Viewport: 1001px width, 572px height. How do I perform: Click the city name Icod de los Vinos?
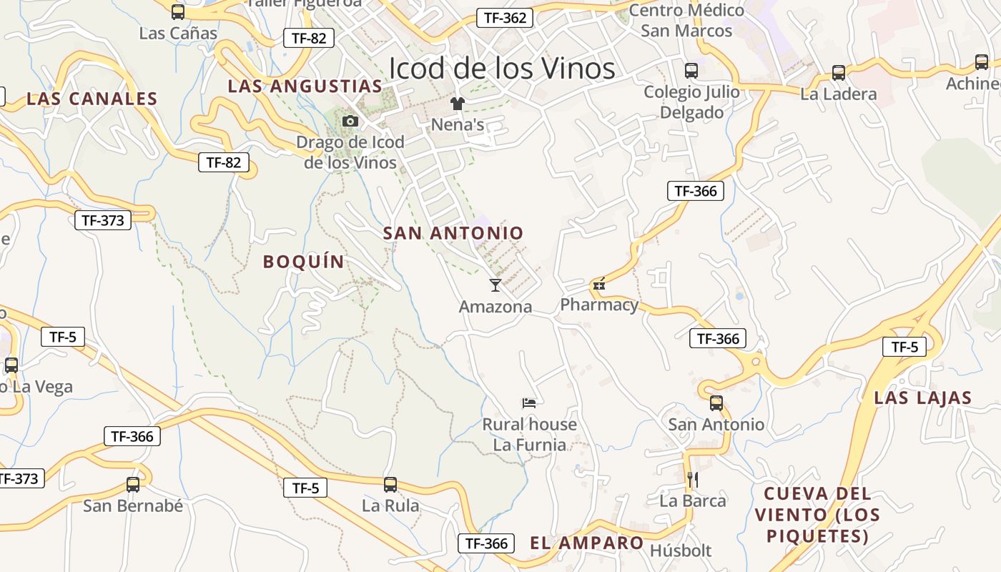click(x=501, y=69)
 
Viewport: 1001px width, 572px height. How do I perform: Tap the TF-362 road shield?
click(x=505, y=18)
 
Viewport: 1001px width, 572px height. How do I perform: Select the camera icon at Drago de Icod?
click(x=350, y=121)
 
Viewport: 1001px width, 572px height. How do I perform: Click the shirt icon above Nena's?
click(x=458, y=104)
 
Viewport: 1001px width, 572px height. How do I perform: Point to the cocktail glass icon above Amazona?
click(x=495, y=285)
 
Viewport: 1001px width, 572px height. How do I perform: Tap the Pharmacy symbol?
click(x=599, y=285)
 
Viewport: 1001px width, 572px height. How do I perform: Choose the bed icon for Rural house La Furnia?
click(x=529, y=403)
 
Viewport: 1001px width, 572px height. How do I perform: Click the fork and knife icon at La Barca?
click(x=692, y=479)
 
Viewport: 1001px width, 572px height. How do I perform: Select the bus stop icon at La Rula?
click(x=390, y=484)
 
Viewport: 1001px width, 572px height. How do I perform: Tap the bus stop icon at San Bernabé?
click(x=133, y=484)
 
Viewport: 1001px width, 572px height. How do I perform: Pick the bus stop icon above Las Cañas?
click(x=178, y=11)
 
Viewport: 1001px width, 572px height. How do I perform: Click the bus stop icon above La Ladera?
click(x=838, y=72)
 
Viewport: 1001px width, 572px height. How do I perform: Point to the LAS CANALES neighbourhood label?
click(x=92, y=99)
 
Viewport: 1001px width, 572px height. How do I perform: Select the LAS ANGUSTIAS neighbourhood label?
click(x=305, y=87)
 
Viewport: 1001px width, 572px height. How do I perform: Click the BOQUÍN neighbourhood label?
click(x=304, y=262)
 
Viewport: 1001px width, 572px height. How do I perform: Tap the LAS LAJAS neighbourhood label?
click(x=922, y=398)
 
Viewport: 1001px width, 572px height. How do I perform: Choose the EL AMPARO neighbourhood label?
click(x=586, y=543)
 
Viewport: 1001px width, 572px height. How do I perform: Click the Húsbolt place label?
click(x=681, y=551)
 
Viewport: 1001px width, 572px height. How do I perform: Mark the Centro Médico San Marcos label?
click(x=686, y=20)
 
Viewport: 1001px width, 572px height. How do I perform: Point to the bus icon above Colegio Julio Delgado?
click(x=691, y=70)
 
